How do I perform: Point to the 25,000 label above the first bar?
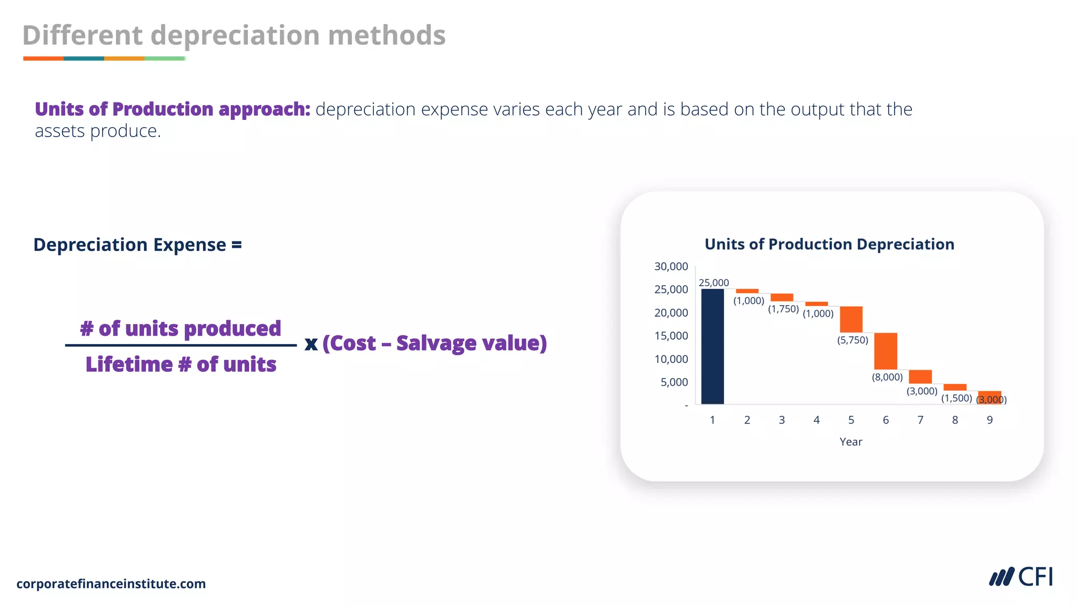click(714, 282)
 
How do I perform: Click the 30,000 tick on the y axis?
click(670, 266)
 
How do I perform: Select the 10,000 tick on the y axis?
click(670, 359)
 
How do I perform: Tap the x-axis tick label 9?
click(989, 420)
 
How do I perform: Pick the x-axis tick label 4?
click(816, 420)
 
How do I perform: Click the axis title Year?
click(850, 442)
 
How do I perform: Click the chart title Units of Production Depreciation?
click(829, 244)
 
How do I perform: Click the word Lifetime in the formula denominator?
click(129, 364)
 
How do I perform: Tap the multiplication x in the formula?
click(311, 344)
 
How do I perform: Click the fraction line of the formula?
click(180, 345)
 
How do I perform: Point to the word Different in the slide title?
click(82, 35)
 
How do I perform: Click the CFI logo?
click(1021, 577)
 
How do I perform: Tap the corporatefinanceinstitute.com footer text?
click(111, 583)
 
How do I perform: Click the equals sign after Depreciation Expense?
click(237, 245)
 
